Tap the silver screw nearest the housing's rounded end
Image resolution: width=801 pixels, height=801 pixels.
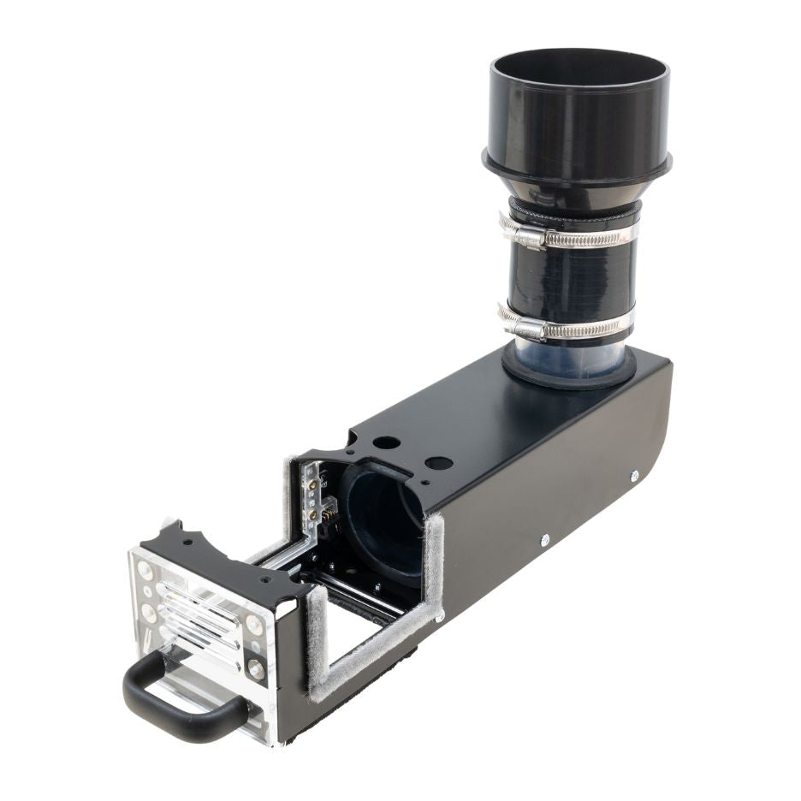point(634,476)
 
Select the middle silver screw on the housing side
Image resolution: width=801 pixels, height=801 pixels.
point(544,539)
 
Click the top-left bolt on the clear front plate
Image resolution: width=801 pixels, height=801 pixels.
point(145,569)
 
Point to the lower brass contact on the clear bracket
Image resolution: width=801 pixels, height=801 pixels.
point(314,513)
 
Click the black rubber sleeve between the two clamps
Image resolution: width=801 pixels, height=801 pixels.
point(569,281)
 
